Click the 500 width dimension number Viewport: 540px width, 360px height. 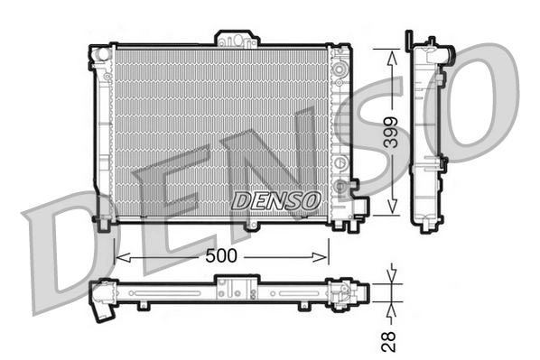click(220, 256)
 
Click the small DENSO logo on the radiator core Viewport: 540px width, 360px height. click(275, 199)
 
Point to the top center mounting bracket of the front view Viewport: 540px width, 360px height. click(237, 39)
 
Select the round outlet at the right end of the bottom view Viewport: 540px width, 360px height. click(362, 293)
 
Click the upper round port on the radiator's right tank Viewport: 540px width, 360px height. click(340, 69)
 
